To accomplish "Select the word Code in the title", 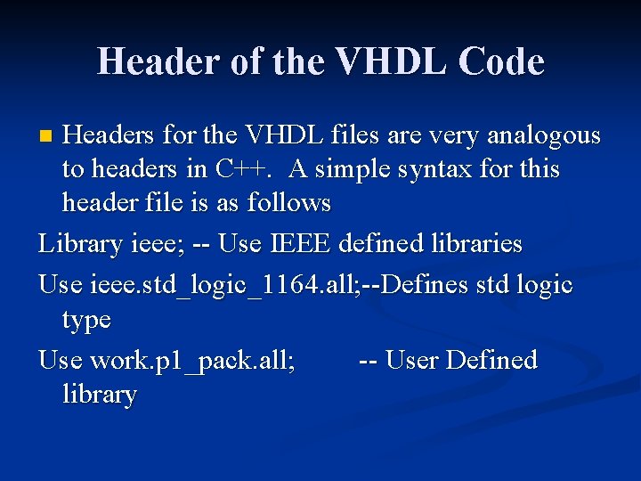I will (502, 61).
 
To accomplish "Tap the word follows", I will (288, 203).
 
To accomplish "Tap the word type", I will (86, 320).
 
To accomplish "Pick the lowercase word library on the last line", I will (100, 395).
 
